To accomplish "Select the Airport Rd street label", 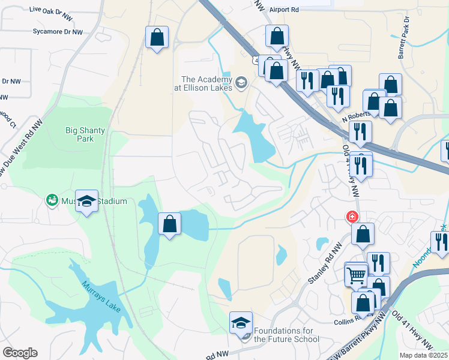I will [x=284, y=10].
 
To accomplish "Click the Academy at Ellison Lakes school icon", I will [x=241, y=82].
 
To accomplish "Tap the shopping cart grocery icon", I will [x=357, y=275].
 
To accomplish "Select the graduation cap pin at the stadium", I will [x=87, y=202].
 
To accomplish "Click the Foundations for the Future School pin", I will [x=241, y=324].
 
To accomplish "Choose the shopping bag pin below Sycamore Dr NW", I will [x=157, y=38].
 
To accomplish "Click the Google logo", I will [x=20, y=353].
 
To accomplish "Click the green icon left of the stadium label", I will [x=52, y=199].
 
